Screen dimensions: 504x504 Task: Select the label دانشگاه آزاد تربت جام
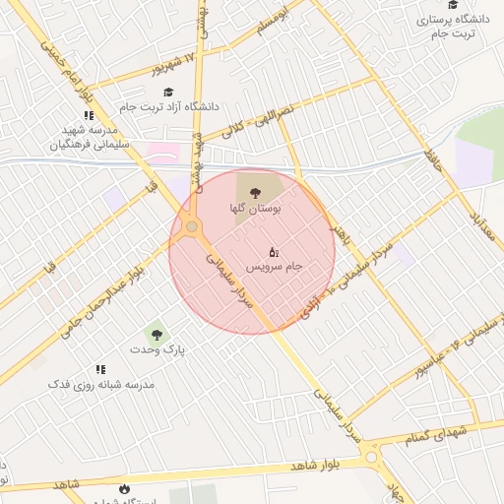169,106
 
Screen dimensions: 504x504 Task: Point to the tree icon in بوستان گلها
256,193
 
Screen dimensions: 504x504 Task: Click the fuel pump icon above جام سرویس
273,251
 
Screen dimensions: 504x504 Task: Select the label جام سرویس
273,267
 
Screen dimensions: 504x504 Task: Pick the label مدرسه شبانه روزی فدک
101,384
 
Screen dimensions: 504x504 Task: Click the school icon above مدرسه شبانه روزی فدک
100,369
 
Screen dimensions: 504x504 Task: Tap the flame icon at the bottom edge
125,489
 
